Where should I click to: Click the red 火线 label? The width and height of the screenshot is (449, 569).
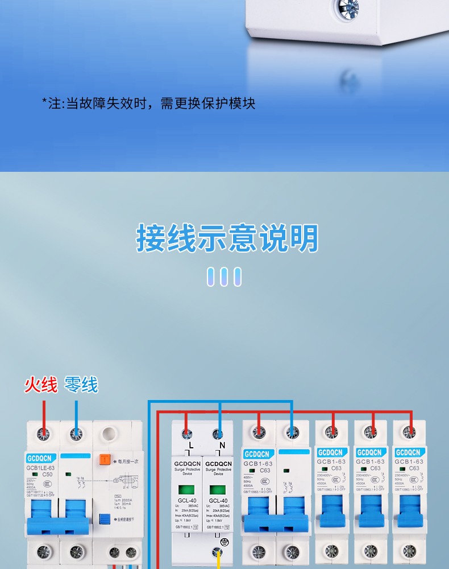click(41, 385)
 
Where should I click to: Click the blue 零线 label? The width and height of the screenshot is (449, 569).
click(81, 385)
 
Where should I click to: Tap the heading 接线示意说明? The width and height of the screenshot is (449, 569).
click(227, 238)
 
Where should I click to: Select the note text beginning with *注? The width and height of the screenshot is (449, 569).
click(148, 103)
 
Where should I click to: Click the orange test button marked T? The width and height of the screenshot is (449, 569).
click(105, 460)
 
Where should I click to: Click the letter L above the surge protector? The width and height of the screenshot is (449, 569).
click(191, 445)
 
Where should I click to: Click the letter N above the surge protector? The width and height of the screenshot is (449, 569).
click(222, 445)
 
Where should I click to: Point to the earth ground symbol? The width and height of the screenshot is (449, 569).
click(224, 543)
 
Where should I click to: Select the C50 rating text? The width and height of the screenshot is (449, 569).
click(47, 474)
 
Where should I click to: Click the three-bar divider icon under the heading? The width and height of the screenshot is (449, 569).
click(224, 277)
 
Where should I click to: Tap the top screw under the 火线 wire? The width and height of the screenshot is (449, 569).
click(43, 434)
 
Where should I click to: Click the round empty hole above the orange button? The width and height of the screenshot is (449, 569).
click(106, 435)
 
